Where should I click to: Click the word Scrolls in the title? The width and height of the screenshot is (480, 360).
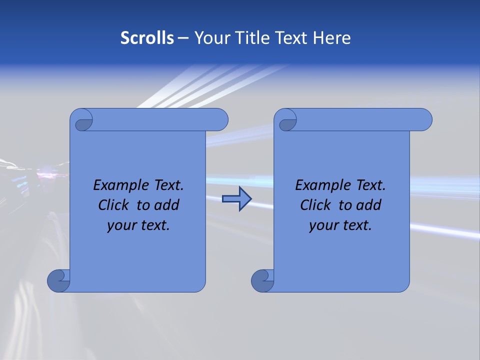click(x=147, y=38)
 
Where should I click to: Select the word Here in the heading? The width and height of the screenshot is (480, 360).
click(x=332, y=38)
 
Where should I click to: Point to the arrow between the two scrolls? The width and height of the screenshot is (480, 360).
click(x=236, y=199)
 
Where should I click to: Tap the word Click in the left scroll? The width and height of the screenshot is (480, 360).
click(x=114, y=205)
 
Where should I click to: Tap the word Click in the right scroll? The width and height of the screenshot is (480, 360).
click(x=316, y=205)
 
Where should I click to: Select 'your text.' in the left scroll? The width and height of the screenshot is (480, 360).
click(x=138, y=225)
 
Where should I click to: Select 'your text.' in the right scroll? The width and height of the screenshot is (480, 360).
click(x=340, y=225)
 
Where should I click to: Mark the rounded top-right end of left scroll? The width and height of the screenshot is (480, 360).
click(x=220, y=119)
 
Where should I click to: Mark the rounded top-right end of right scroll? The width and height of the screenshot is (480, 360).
click(x=424, y=119)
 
